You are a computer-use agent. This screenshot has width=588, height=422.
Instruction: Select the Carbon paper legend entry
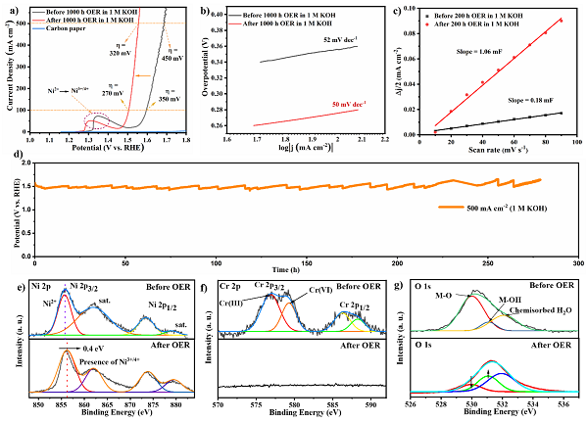point(70,28)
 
